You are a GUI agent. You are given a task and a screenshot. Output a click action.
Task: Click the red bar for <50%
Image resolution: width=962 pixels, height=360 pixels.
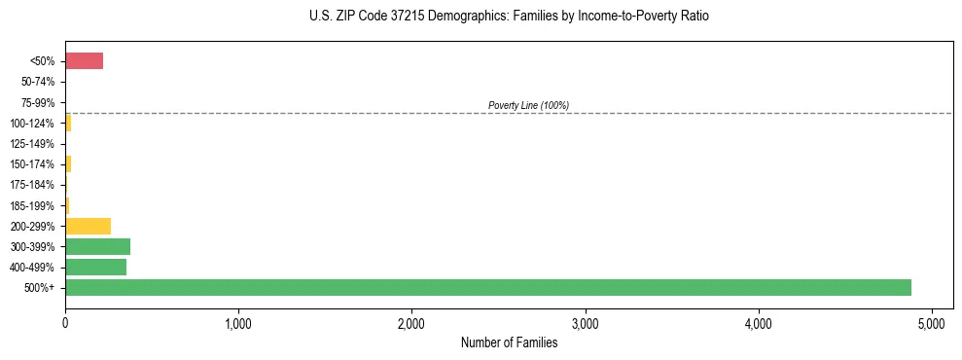pyautogui.click(x=84, y=61)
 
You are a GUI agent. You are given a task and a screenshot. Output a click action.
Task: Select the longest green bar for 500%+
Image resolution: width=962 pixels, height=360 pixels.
pyautogui.click(x=487, y=287)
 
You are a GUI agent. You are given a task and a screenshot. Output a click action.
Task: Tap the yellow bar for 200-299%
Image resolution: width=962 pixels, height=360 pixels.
pyautogui.click(x=88, y=226)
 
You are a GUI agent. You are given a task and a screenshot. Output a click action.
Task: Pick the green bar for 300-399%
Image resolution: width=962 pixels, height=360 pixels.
pyautogui.click(x=97, y=246)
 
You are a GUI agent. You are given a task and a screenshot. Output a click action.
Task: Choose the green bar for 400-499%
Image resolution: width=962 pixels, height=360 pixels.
pyautogui.click(x=95, y=267)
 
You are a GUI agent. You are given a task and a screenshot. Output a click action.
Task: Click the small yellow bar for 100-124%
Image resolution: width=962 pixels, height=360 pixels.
pyautogui.click(x=68, y=123)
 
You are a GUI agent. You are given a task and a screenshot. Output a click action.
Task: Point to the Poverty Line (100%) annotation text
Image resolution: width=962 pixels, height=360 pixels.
pyautogui.click(x=528, y=105)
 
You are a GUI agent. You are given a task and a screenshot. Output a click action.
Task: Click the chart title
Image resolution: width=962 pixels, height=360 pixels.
pyautogui.click(x=509, y=17)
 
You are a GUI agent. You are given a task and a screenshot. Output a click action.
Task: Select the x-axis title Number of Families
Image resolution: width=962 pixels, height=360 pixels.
pyautogui.click(x=509, y=342)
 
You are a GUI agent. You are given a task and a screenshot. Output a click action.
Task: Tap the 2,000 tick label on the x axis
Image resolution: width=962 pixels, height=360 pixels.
pyautogui.click(x=411, y=323)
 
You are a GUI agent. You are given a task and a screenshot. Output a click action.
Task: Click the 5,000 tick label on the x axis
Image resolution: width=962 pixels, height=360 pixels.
pyautogui.click(x=932, y=323)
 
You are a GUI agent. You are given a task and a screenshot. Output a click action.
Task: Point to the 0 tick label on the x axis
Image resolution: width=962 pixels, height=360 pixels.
pyautogui.click(x=65, y=323)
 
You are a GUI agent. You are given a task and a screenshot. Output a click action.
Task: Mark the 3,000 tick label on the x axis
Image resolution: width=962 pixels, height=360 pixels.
pyautogui.click(x=585, y=323)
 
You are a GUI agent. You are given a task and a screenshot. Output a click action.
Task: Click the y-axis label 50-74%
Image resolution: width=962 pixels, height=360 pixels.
pyautogui.click(x=37, y=82)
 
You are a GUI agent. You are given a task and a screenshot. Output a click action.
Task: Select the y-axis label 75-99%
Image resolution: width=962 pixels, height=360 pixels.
pyautogui.click(x=37, y=102)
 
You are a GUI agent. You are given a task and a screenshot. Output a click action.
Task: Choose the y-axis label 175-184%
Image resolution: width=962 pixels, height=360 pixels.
pyautogui.click(x=32, y=185)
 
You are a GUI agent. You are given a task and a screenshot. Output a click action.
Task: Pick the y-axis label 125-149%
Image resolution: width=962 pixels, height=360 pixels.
pyautogui.click(x=32, y=144)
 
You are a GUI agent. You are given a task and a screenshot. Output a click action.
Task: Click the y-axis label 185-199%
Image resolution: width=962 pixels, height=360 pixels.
pyautogui.click(x=32, y=205)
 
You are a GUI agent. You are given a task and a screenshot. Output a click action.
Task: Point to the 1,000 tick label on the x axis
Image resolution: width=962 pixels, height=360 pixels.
pyautogui.click(x=238, y=323)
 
